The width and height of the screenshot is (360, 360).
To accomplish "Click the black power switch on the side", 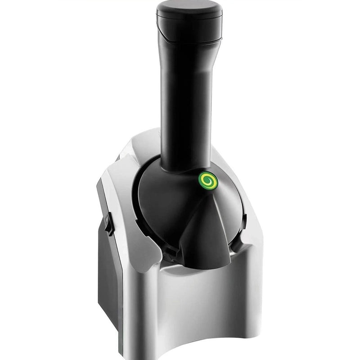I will pyautogui.click(x=108, y=223).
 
